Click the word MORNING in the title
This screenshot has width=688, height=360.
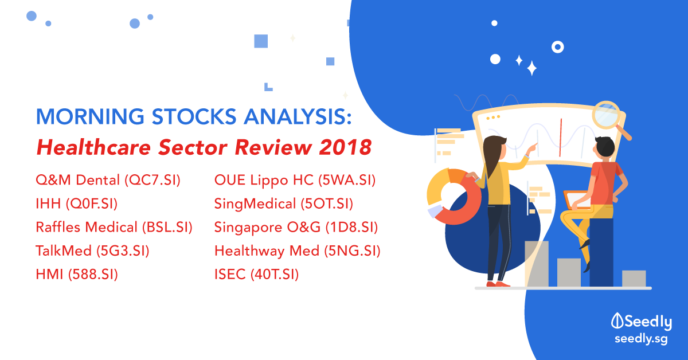(90, 116)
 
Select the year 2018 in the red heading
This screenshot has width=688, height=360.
(346, 147)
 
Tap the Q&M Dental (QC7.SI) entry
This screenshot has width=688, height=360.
(108, 180)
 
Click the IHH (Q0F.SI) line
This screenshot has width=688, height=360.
(76, 204)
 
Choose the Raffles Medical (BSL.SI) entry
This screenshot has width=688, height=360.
(114, 228)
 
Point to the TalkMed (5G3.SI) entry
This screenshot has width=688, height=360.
(92, 251)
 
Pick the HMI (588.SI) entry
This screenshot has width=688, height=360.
(77, 275)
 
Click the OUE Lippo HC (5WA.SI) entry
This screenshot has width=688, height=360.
(295, 180)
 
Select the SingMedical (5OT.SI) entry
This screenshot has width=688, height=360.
(284, 204)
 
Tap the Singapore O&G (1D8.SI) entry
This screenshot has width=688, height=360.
(296, 228)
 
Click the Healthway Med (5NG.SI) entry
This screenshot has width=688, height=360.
(298, 251)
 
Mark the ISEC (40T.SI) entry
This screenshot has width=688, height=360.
(256, 275)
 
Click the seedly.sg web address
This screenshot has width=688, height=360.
(641, 339)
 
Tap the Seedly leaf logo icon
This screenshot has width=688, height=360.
(617, 321)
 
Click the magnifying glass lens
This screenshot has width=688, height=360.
(606, 115)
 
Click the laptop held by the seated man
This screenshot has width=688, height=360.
(577, 199)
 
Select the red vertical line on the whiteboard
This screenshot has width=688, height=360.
(561, 138)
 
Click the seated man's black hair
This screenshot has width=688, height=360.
(605, 146)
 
